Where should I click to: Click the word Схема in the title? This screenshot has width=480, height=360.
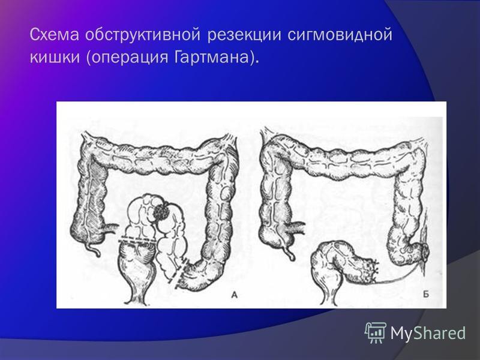pyautogui.click(x=55, y=35)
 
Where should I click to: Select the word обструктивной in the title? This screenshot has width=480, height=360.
pyautogui.click(x=143, y=35)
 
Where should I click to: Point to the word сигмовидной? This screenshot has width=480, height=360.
pyautogui.click(x=340, y=35)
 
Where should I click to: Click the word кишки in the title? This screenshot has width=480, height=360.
pyautogui.click(x=55, y=57)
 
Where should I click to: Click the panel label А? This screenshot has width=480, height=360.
pyautogui.click(x=234, y=295)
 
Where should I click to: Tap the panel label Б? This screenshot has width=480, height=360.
pyautogui.click(x=426, y=295)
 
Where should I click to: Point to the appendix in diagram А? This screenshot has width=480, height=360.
pyautogui.click(x=94, y=248)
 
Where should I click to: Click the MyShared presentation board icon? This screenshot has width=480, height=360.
pyautogui.click(x=375, y=332)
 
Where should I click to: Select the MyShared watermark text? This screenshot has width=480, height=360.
pyautogui.click(x=428, y=333)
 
